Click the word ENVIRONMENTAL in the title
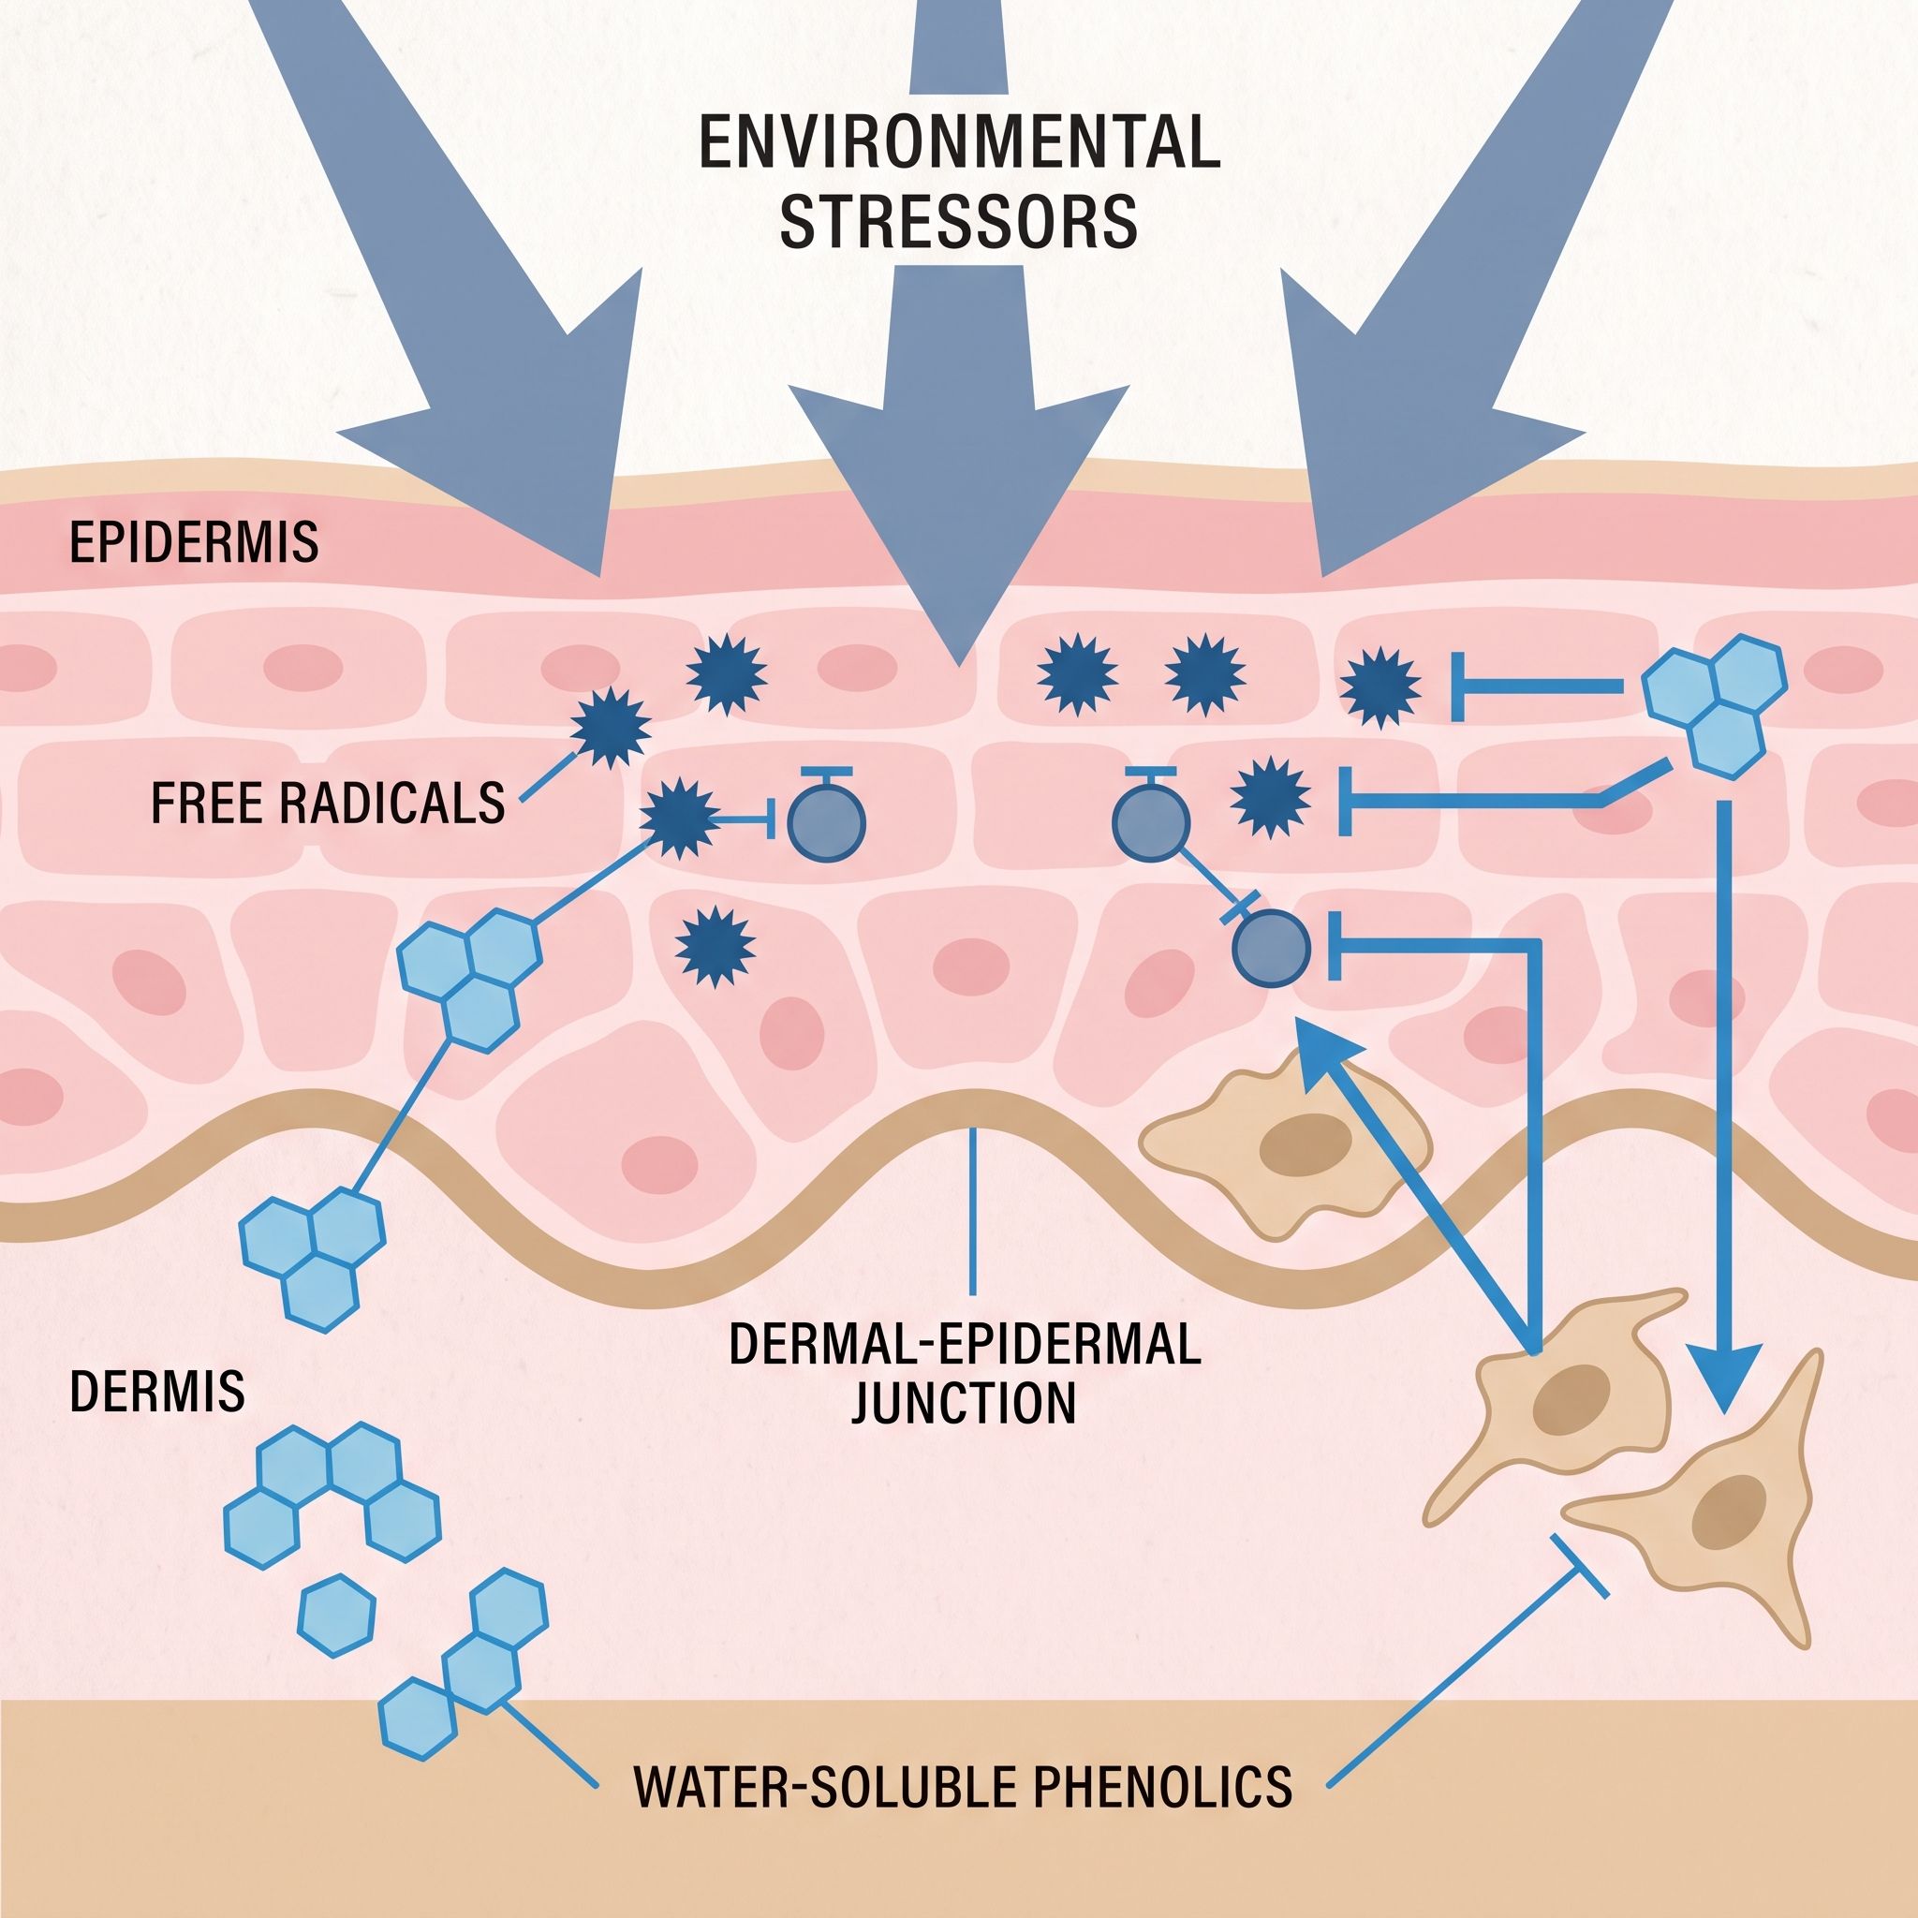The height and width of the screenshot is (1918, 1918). pos(960,144)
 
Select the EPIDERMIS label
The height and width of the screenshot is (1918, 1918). pos(194,542)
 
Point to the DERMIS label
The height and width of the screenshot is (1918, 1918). pos(156,1392)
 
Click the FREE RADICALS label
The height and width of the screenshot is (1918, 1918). pos(328,803)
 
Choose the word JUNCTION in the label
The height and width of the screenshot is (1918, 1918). pos(964,1404)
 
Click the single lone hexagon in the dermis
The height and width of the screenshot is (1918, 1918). pos(337,1616)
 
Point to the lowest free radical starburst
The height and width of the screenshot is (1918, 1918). pos(715,947)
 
